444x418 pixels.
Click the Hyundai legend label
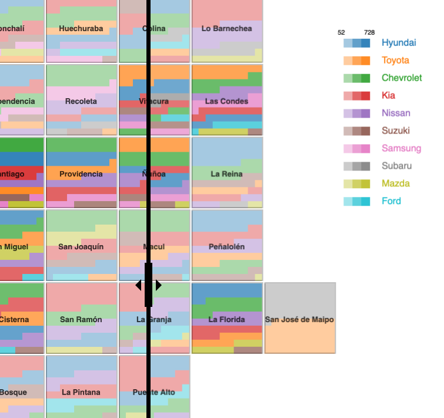point(398,43)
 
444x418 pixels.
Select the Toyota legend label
point(395,61)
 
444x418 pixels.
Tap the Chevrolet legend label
point(402,78)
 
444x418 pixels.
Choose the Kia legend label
point(388,96)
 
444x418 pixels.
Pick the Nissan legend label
point(396,113)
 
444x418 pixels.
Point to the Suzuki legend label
point(396,131)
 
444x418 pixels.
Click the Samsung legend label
point(401,149)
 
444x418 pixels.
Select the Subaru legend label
point(396,166)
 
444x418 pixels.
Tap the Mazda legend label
point(395,184)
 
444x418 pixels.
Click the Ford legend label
point(391,202)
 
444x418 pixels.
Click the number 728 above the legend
point(369,33)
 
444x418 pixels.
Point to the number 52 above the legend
point(341,33)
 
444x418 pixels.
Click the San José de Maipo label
point(299,320)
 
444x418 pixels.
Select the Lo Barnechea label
point(226,28)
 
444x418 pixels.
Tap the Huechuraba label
point(81,28)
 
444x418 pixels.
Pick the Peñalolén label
point(226,247)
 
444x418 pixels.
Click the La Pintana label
point(81,392)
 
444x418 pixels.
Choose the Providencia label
point(81,174)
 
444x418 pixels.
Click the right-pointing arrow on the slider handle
point(159,285)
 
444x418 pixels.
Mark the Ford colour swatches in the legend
point(357,202)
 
